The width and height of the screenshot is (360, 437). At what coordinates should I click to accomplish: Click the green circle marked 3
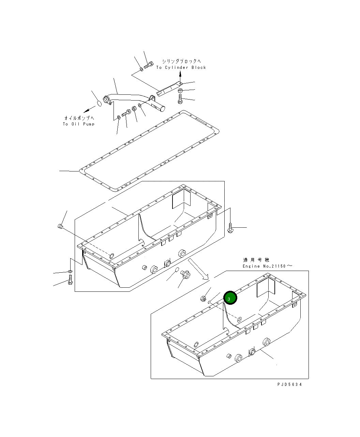(x=230, y=298)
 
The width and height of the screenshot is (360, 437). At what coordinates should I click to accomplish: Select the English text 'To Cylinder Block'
(x=181, y=67)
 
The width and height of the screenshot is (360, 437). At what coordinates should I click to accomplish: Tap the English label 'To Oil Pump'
(x=78, y=124)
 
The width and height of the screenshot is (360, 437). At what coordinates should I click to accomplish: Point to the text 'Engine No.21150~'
(x=267, y=266)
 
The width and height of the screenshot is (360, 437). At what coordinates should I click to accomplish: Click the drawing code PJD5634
(x=289, y=384)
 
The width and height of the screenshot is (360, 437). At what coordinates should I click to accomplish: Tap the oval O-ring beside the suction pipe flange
(x=98, y=103)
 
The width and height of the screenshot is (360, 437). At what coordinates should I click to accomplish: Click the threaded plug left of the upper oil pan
(x=61, y=226)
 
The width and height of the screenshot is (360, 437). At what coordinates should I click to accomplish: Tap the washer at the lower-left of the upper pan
(x=70, y=272)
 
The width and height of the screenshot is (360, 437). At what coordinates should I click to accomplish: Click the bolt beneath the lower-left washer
(x=70, y=281)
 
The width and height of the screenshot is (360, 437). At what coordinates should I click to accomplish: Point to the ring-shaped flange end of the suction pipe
(x=107, y=100)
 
